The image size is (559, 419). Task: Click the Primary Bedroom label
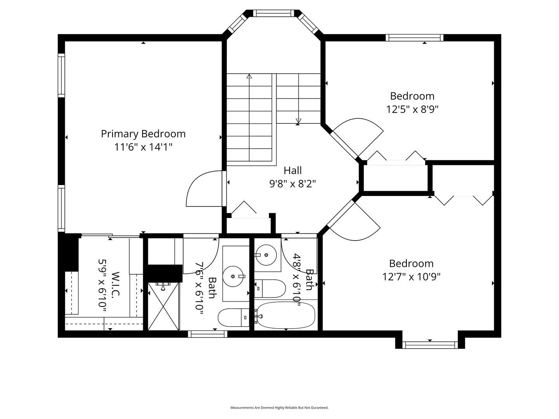pyautogui.click(x=143, y=134)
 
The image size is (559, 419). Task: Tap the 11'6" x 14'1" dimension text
pyautogui.click(x=143, y=147)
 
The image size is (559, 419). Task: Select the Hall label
pyautogui.click(x=293, y=170)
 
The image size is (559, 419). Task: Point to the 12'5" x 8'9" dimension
pyautogui.click(x=412, y=109)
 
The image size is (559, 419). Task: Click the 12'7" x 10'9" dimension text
pyautogui.click(x=411, y=277)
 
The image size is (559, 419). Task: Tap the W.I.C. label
pyautogui.click(x=115, y=284)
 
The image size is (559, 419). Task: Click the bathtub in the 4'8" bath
pyautogui.click(x=286, y=315)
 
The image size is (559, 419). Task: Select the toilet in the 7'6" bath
pyautogui.click(x=234, y=317)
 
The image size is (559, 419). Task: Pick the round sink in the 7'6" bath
pyautogui.click(x=233, y=277)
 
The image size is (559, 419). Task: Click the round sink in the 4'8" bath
pyautogui.click(x=266, y=255)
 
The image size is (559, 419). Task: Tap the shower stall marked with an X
pyautogui.click(x=163, y=306)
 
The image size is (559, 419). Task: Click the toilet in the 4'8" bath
pyautogui.click(x=270, y=289)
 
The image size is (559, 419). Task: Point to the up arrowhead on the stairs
pyautogui.click(x=249, y=76)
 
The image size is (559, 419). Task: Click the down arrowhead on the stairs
pyautogui.click(x=299, y=121)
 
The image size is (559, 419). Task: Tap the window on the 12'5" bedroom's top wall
pyautogui.click(x=415, y=38)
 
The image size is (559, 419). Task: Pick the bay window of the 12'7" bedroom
pyautogui.click(x=430, y=345)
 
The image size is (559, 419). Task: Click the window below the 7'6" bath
pyautogui.click(x=208, y=334)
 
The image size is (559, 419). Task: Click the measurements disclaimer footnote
pyautogui.click(x=279, y=407)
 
